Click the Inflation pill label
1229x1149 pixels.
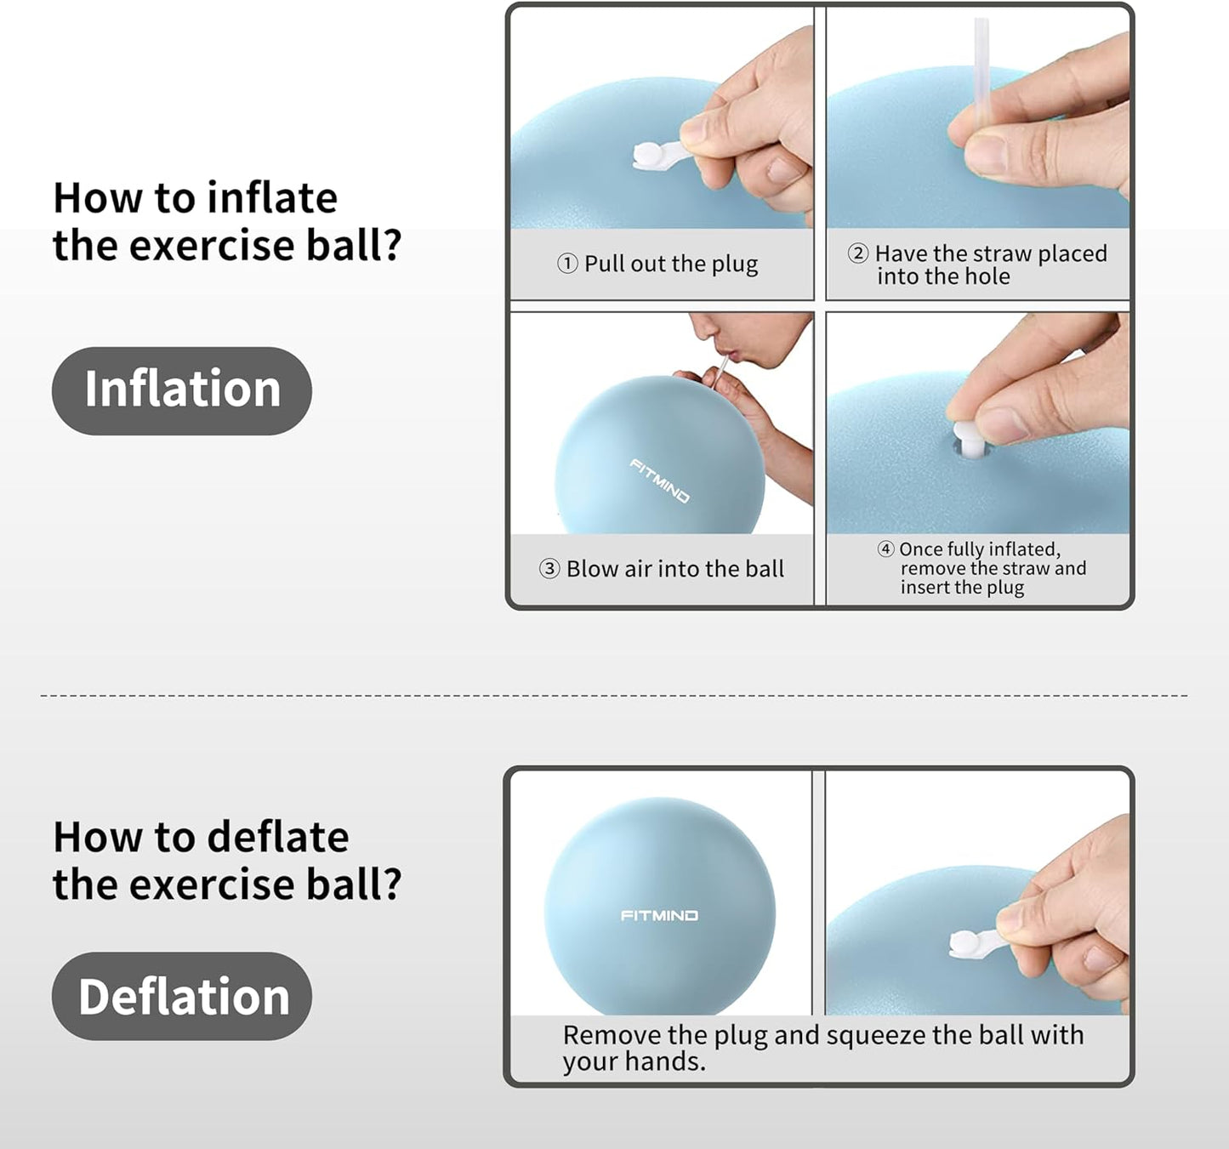[x=182, y=390]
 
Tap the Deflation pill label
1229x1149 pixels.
[x=182, y=996]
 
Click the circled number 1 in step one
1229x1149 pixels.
[x=567, y=264]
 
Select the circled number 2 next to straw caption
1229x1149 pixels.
[x=858, y=253]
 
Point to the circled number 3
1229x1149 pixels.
[x=549, y=569]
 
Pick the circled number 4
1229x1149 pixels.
[x=885, y=549]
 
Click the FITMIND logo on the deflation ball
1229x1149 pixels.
[x=659, y=916]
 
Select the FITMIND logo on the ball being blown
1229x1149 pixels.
[x=659, y=481]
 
